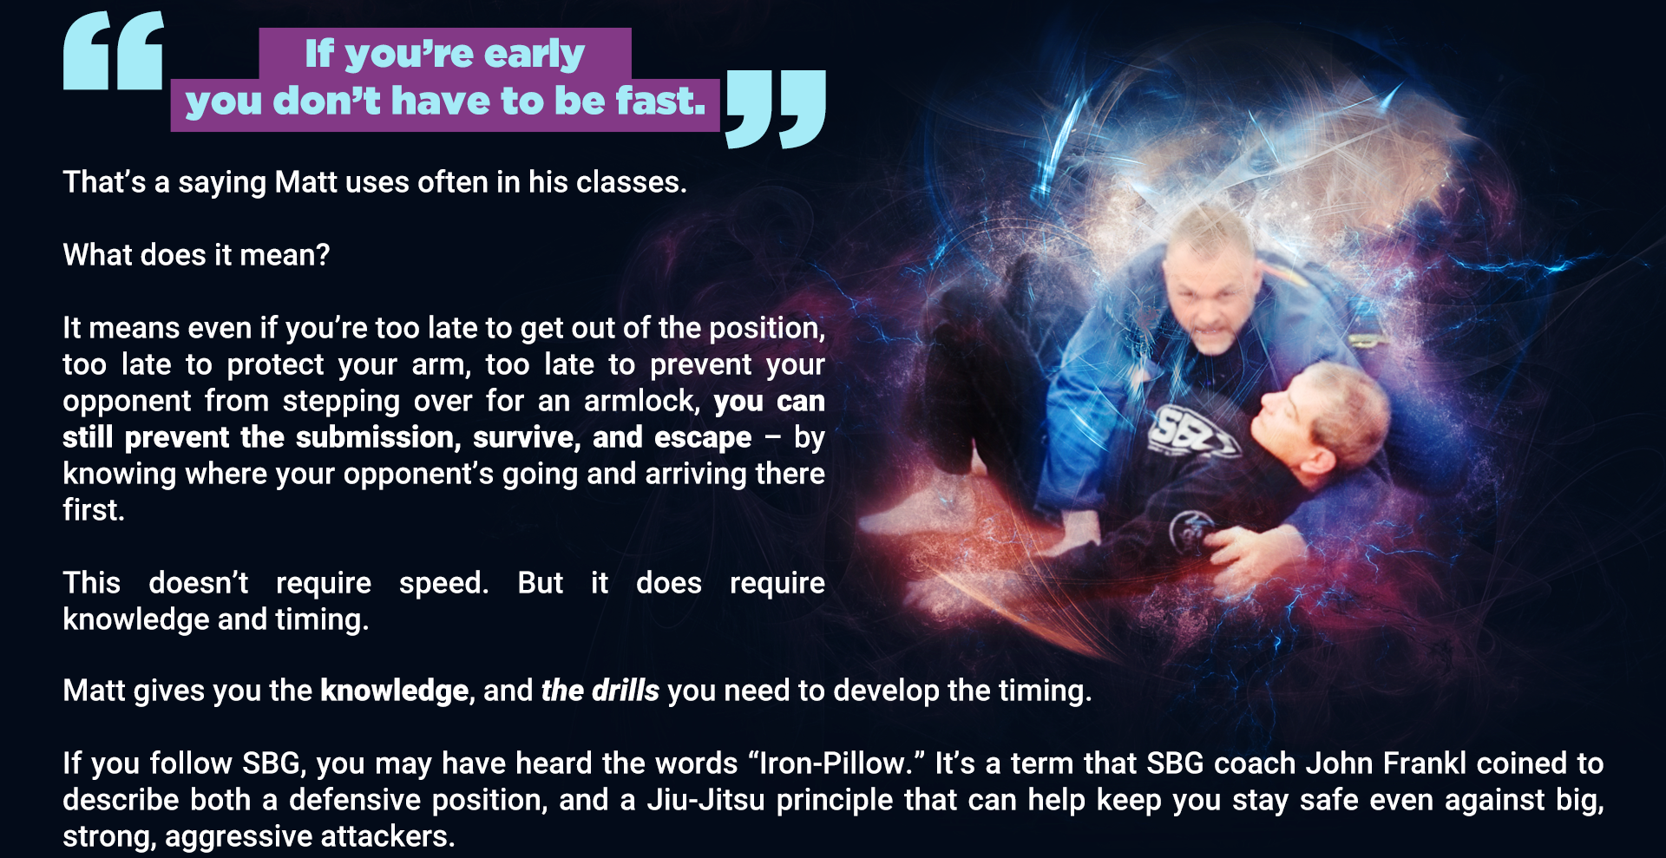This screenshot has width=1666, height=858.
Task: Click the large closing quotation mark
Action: click(776, 109)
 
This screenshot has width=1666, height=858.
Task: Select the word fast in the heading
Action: click(661, 101)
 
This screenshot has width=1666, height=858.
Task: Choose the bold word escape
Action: click(703, 438)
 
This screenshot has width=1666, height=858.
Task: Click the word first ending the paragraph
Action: click(94, 510)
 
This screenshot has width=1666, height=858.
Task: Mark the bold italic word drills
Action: click(625, 691)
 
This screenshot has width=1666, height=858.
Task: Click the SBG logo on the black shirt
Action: click(1190, 431)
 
